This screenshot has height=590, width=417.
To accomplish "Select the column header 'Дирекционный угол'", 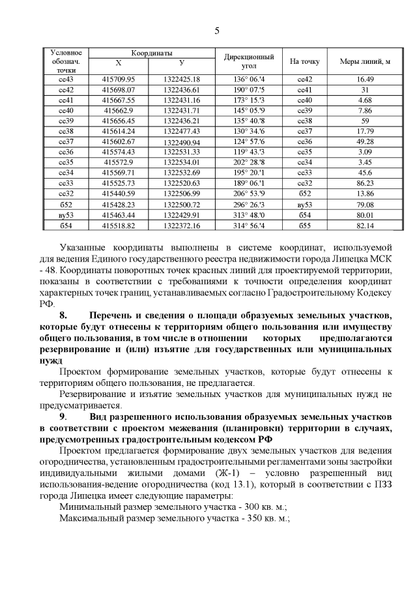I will [248, 61].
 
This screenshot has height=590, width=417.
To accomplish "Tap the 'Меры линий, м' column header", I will [365, 61].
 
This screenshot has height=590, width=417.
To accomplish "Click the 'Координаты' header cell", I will [151, 52].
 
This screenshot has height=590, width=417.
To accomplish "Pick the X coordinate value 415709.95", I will [118, 79].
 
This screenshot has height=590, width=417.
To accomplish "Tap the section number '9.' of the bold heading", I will [63, 416].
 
